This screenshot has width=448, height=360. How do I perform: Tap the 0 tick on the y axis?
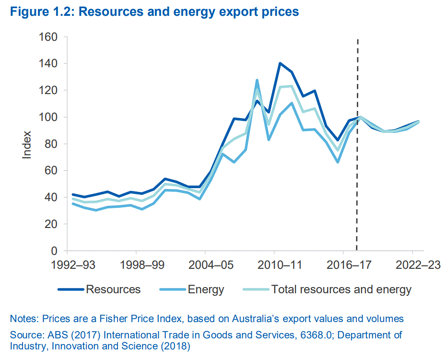(x=54, y=251)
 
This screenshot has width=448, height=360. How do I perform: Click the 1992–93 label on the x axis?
(x=68, y=265)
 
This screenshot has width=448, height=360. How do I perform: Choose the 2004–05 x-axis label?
(x=205, y=265)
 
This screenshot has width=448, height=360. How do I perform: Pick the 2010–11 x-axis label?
(x=274, y=265)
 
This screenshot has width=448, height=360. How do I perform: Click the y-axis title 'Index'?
(x=27, y=144)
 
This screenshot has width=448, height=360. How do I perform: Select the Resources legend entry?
(x=113, y=289)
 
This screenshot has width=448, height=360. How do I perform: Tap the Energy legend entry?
(x=206, y=289)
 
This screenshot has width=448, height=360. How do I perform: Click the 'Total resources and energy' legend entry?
(x=341, y=289)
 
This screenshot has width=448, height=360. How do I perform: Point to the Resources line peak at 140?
(x=280, y=63)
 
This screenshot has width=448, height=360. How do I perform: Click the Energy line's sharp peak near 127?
(x=257, y=81)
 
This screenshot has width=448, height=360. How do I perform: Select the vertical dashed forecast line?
(x=357, y=144)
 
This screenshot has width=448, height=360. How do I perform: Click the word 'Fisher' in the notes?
(x=143, y=319)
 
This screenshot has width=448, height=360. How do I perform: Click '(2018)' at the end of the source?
(x=178, y=346)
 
